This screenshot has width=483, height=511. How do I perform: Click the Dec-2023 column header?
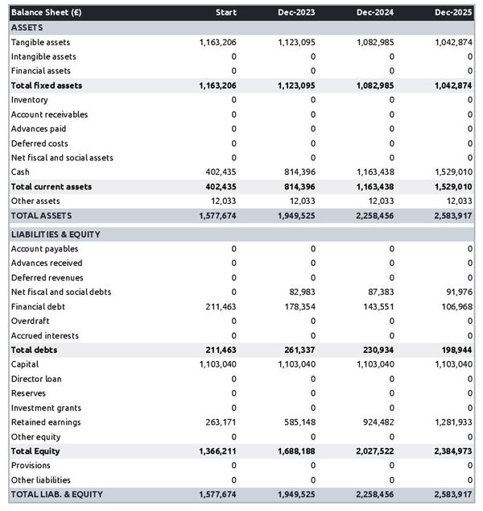(297, 13)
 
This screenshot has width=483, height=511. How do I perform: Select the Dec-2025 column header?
(453, 13)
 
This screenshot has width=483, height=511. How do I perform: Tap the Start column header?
(225, 13)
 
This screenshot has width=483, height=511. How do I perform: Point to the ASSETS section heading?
(27, 27)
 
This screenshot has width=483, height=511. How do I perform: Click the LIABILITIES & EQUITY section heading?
(55, 234)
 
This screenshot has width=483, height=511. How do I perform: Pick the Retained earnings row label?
(46, 422)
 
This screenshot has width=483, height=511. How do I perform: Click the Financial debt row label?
(38, 306)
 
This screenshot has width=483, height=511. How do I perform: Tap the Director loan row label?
(36, 379)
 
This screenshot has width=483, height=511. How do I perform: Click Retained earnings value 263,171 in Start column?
(217, 422)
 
